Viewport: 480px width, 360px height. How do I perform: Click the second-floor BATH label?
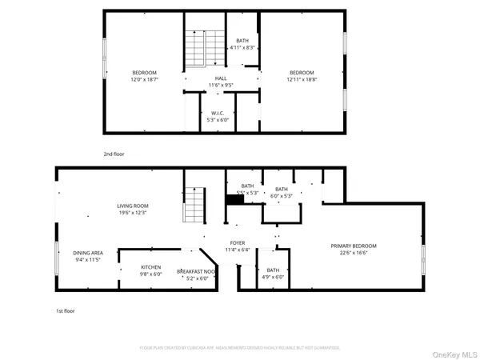(242, 41)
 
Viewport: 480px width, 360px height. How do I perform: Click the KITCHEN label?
(151, 267)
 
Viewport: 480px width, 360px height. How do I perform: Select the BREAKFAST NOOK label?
(196, 272)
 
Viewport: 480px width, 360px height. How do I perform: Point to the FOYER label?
(238, 242)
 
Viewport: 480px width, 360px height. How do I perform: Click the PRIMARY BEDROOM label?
(354, 246)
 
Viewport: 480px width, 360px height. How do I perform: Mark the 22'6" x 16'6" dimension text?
(354, 252)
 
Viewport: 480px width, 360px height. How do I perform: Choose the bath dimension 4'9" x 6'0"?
(274, 278)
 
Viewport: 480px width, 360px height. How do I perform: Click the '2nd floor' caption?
(114, 154)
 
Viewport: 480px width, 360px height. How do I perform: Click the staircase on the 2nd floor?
(196, 48)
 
